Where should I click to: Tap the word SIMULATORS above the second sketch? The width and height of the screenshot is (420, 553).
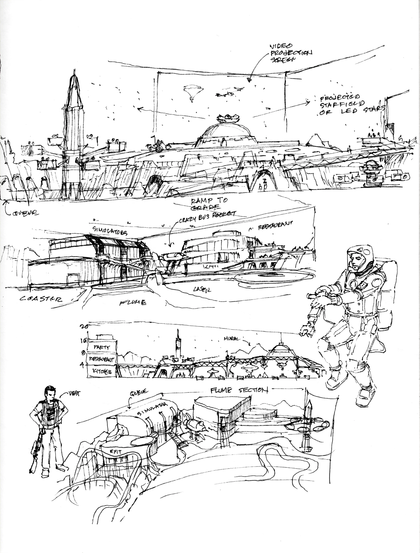110,231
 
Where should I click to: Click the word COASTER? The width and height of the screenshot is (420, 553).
41,299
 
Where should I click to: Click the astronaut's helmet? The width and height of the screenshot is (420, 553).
360,257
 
